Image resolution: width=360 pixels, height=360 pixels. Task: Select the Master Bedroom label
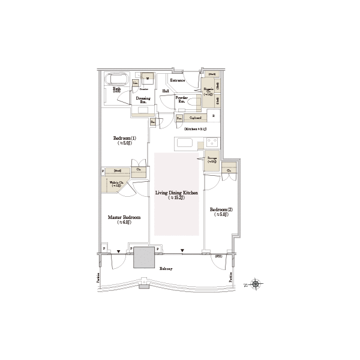124,218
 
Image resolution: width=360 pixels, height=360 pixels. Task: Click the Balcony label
166,269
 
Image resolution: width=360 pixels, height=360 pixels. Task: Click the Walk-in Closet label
115,183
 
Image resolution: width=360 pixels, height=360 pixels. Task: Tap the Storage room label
212,159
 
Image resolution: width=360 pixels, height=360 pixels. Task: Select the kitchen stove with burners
211,142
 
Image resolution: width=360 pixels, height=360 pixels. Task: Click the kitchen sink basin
182,143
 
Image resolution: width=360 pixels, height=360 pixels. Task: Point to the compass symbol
257,284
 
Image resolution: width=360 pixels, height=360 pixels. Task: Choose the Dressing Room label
143,98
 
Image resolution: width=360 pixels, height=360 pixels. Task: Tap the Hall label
166,91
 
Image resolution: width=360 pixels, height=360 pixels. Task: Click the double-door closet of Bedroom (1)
139,170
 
